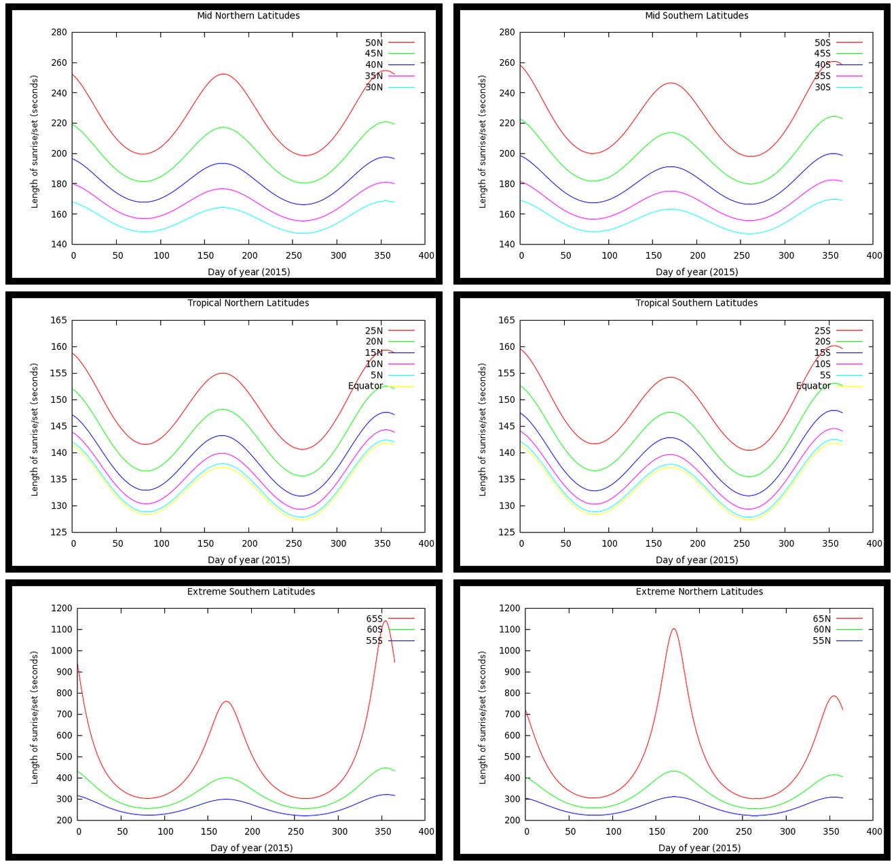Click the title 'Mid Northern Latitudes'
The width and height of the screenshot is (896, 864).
coord(248,16)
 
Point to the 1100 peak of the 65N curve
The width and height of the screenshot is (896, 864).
coord(673,629)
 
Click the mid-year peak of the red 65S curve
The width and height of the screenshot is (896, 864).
coord(226,702)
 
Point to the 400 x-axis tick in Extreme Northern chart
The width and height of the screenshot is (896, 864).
coord(874,831)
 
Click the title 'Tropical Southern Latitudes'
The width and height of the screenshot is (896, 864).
coord(696,303)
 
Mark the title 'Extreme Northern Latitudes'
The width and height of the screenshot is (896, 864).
coord(699,592)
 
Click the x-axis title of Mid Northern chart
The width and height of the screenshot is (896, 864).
coord(248,272)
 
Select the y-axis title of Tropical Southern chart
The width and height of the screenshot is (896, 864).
coord(483,429)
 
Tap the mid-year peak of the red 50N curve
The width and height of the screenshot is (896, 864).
coord(223,75)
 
